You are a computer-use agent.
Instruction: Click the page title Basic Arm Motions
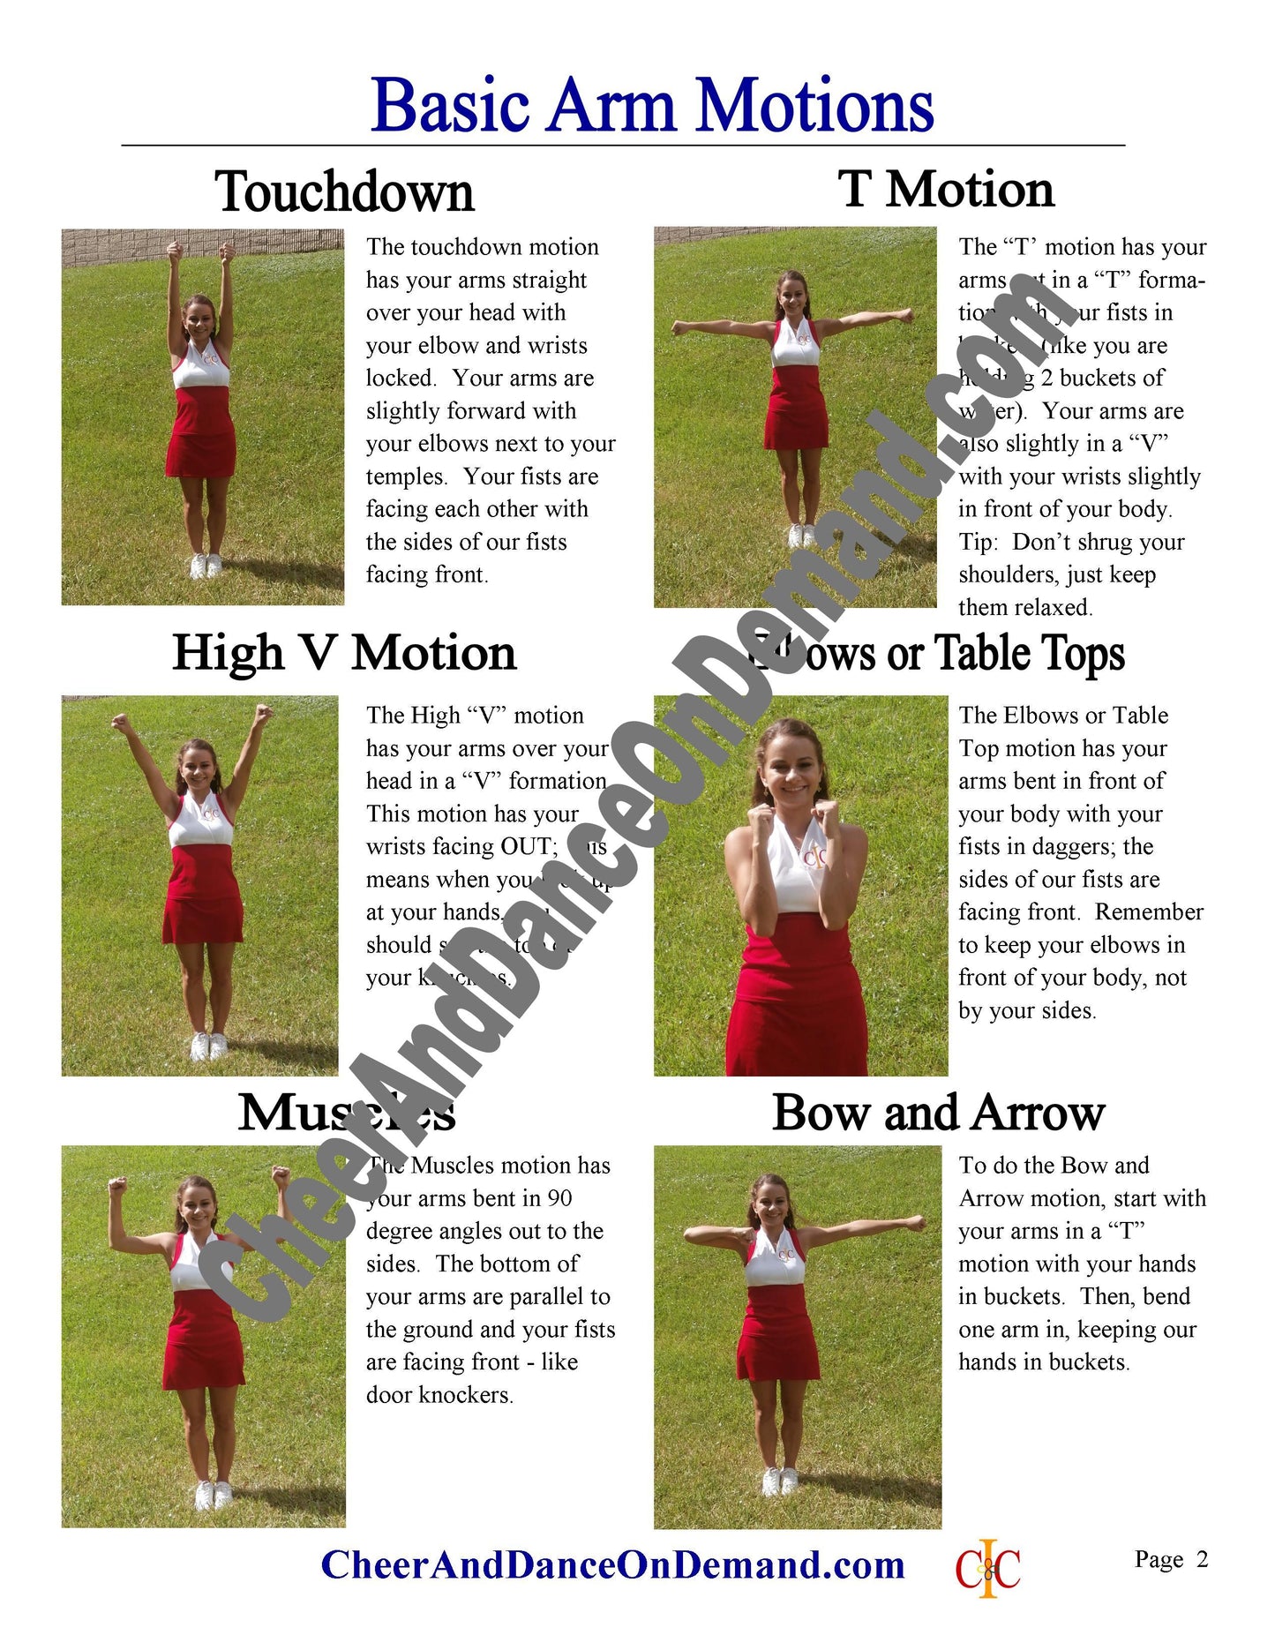pyautogui.click(x=652, y=106)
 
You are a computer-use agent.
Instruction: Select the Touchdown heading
pyautogui.click(x=344, y=191)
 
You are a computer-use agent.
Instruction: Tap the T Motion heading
pyautogui.click(x=946, y=190)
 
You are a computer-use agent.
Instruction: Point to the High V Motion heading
pyautogui.click(x=344, y=654)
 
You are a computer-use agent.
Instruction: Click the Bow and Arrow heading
pyautogui.click(x=938, y=1114)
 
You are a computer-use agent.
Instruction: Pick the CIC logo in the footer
pyautogui.click(x=987, y=1568)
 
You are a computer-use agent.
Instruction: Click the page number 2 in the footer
pyautogui.click(x=1202, y=1559)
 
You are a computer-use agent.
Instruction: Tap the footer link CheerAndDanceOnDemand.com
pyautogui.click(x=612, y=1565)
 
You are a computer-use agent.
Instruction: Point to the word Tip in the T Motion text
pyautogui.click(x=977, y=542)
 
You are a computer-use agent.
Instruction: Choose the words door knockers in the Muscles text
pyautogui.click(x=439, y=1395)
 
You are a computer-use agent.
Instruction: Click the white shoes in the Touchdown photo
pyautogui.click(x=205, y=566)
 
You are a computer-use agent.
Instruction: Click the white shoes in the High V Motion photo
pyautogui.click(x=209, y=1046)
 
